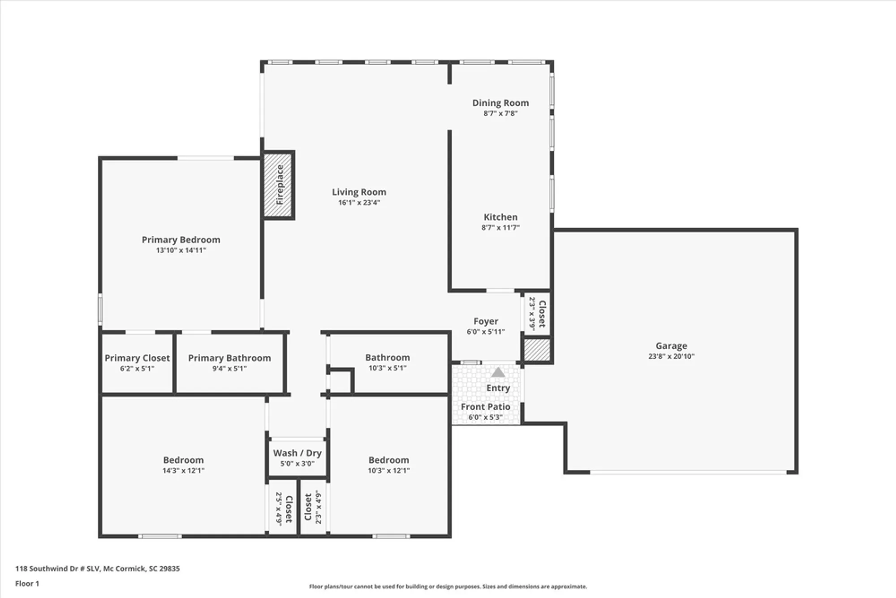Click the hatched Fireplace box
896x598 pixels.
(x=278, y=185)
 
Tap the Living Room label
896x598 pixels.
(x=359, y=192)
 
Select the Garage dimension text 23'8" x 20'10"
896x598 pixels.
(x=671, y=356)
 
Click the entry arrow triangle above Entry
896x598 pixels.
(x=498, y=372)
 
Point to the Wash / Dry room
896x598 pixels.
(x=297, y=457)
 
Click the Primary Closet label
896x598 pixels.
(x=137, y=358)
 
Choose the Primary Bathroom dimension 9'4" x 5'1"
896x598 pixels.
(x=229, y=368)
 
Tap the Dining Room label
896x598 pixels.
(x=500, y=103)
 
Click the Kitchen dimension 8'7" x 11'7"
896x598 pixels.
(x=500, y=228)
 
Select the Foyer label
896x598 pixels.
(x=486, y=321)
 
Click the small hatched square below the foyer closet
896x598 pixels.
(x=537, y=350)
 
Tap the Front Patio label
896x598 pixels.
(x=486, y=407)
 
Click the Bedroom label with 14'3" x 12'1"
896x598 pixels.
(x=183, y=460)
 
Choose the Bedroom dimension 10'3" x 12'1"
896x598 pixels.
(x=389, y=471)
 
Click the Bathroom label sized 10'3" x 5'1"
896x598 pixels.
(x=388, y=358)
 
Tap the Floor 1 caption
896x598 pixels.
(x=27, y=583)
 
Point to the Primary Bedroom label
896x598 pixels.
(x=181, y=240)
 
